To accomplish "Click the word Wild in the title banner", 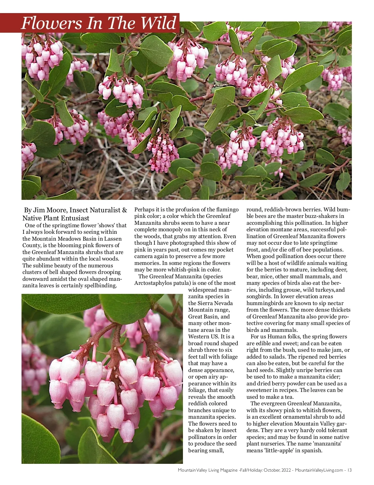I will coord(158,23).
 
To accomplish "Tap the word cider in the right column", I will coord(327,377).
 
